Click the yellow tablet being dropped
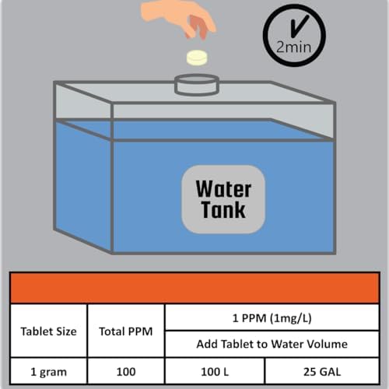pos(198,58)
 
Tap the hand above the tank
pos(179,19)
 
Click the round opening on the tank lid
pos(197,84)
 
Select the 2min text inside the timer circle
pos(293,47)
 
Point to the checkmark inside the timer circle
pos(298,26)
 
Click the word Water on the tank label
pos(223,189)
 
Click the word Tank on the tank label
pos(223,209)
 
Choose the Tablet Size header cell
pos(48,331)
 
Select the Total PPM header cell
pos(126,331)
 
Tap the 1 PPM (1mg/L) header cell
pos(272,317)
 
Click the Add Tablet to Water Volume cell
pos(272,344)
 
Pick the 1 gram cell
pos(48,371)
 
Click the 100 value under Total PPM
pos(126,371)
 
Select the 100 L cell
pos(215,371)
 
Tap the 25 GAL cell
pos(322,371)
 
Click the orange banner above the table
pos(194,288)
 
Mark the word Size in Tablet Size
pos(67,331)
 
